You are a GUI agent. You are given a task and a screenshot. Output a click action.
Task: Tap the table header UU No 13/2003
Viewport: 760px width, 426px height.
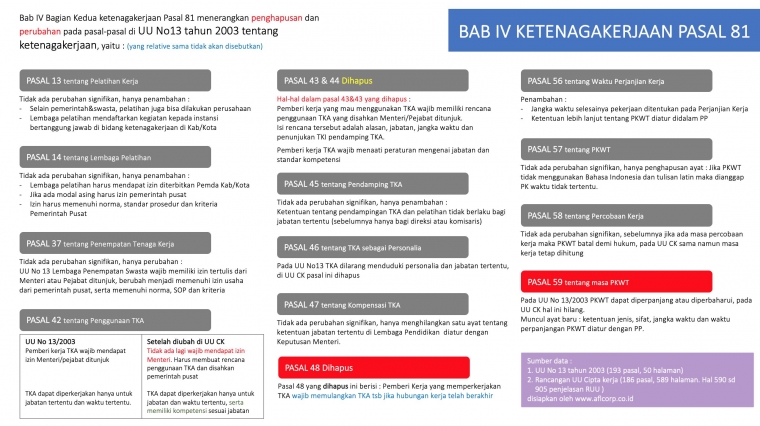pos(49,341)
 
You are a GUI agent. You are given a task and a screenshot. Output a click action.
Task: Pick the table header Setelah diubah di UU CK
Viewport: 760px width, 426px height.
pos(186,341)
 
